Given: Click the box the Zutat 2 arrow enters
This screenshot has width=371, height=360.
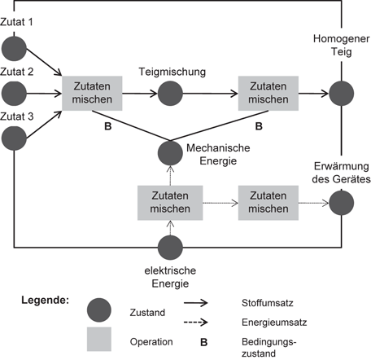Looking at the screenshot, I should click(x=92, y=92).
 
